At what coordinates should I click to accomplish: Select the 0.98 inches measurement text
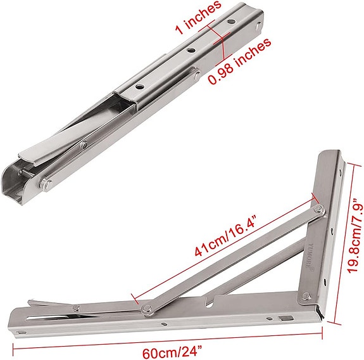coord(240,60)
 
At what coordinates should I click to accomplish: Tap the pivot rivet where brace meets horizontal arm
coord(147,308)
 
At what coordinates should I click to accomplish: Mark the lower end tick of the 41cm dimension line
coord(132,295)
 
